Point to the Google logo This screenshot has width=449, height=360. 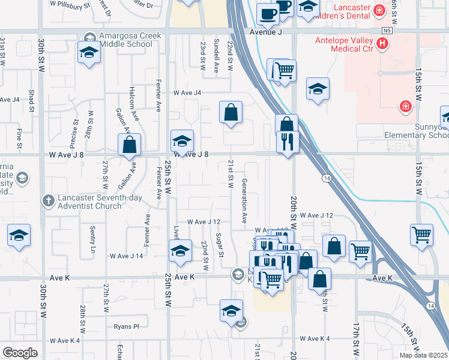coord(20,352)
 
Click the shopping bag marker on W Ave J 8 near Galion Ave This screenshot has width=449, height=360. coord(129,145)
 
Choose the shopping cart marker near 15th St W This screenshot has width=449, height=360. coord(421,235)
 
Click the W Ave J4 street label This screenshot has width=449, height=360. coord(187,93)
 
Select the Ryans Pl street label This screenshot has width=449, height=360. coord(126,327)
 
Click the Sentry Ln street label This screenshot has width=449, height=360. coord(92,239)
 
